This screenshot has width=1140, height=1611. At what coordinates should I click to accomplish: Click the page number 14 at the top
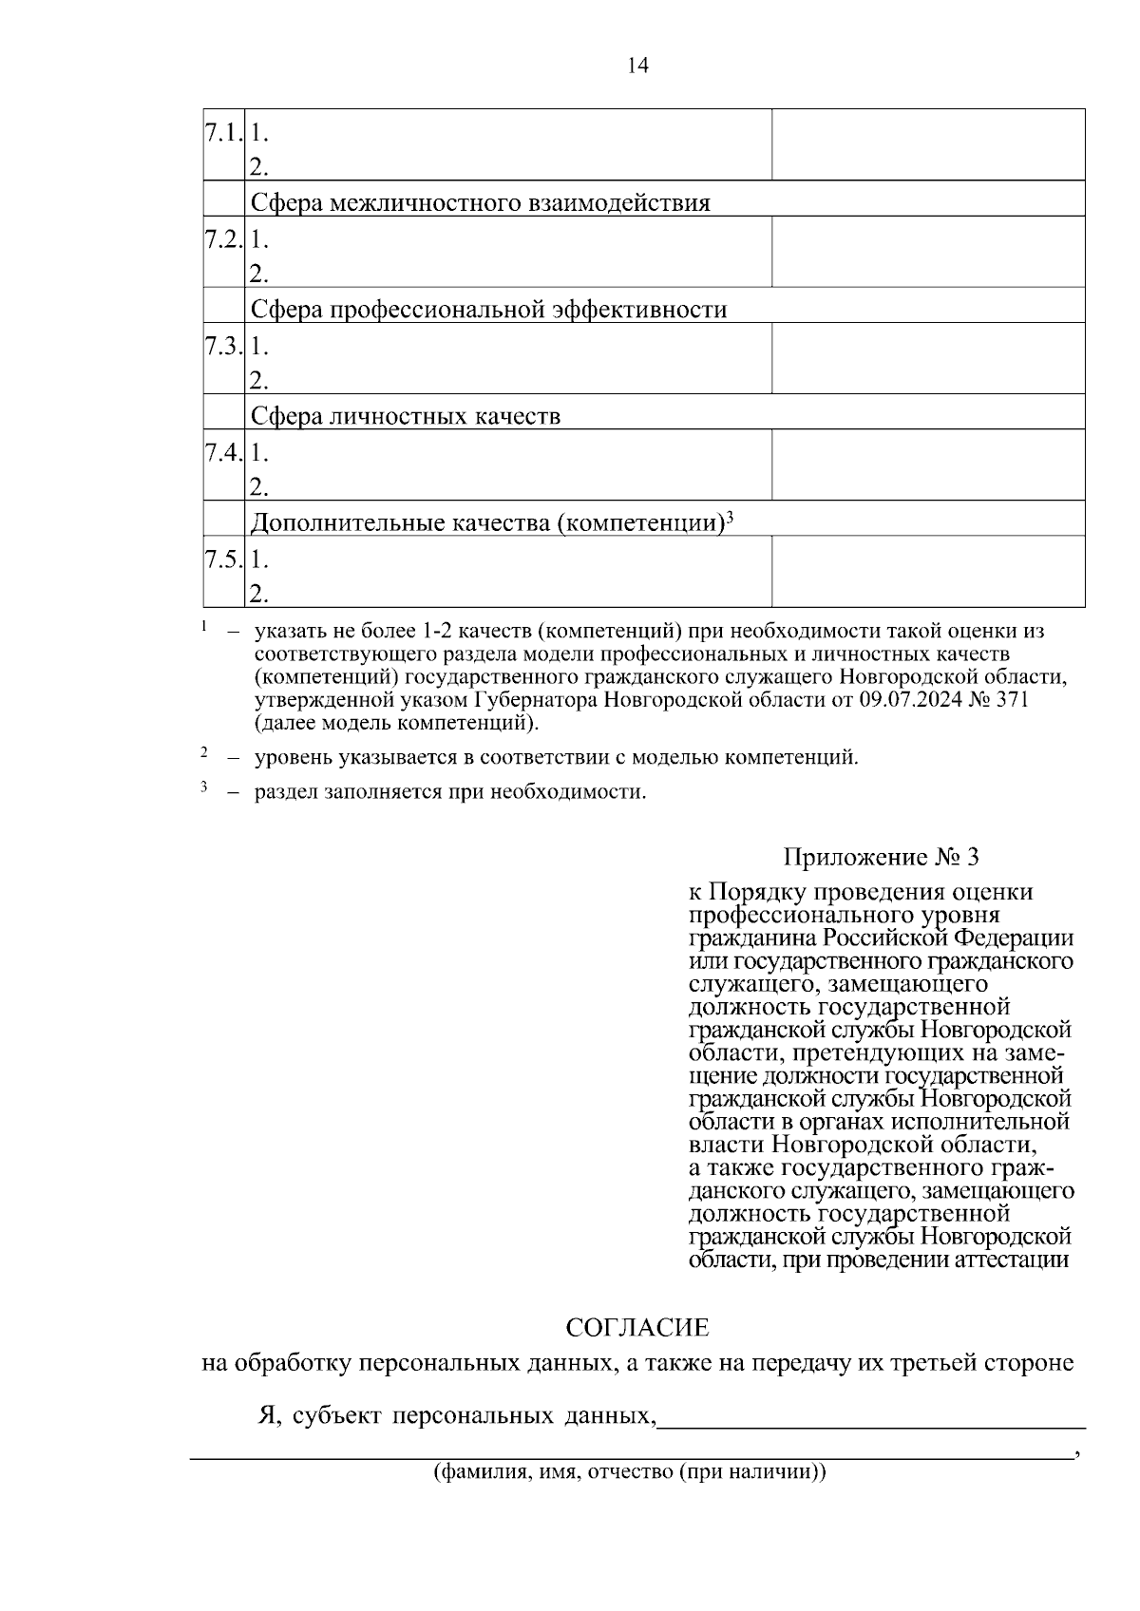point(637,66)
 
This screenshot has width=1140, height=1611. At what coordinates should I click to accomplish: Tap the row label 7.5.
point(224,559)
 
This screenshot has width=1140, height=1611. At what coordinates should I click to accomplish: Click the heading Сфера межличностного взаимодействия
point(480,202)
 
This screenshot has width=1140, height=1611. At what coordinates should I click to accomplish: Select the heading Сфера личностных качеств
point(406,416)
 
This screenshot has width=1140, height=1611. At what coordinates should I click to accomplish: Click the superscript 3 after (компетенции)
point(730,517)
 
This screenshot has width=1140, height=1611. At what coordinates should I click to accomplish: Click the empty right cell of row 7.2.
point(927,252)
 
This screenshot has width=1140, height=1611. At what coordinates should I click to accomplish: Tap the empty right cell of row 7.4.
point(927,464)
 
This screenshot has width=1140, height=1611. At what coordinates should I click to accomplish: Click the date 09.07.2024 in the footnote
point(909,700)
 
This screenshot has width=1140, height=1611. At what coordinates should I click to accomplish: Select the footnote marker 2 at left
point(204,753)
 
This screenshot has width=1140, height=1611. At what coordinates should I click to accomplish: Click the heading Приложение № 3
point(881,858)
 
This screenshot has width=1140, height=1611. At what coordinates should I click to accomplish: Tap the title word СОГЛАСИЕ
point(637,1327)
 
